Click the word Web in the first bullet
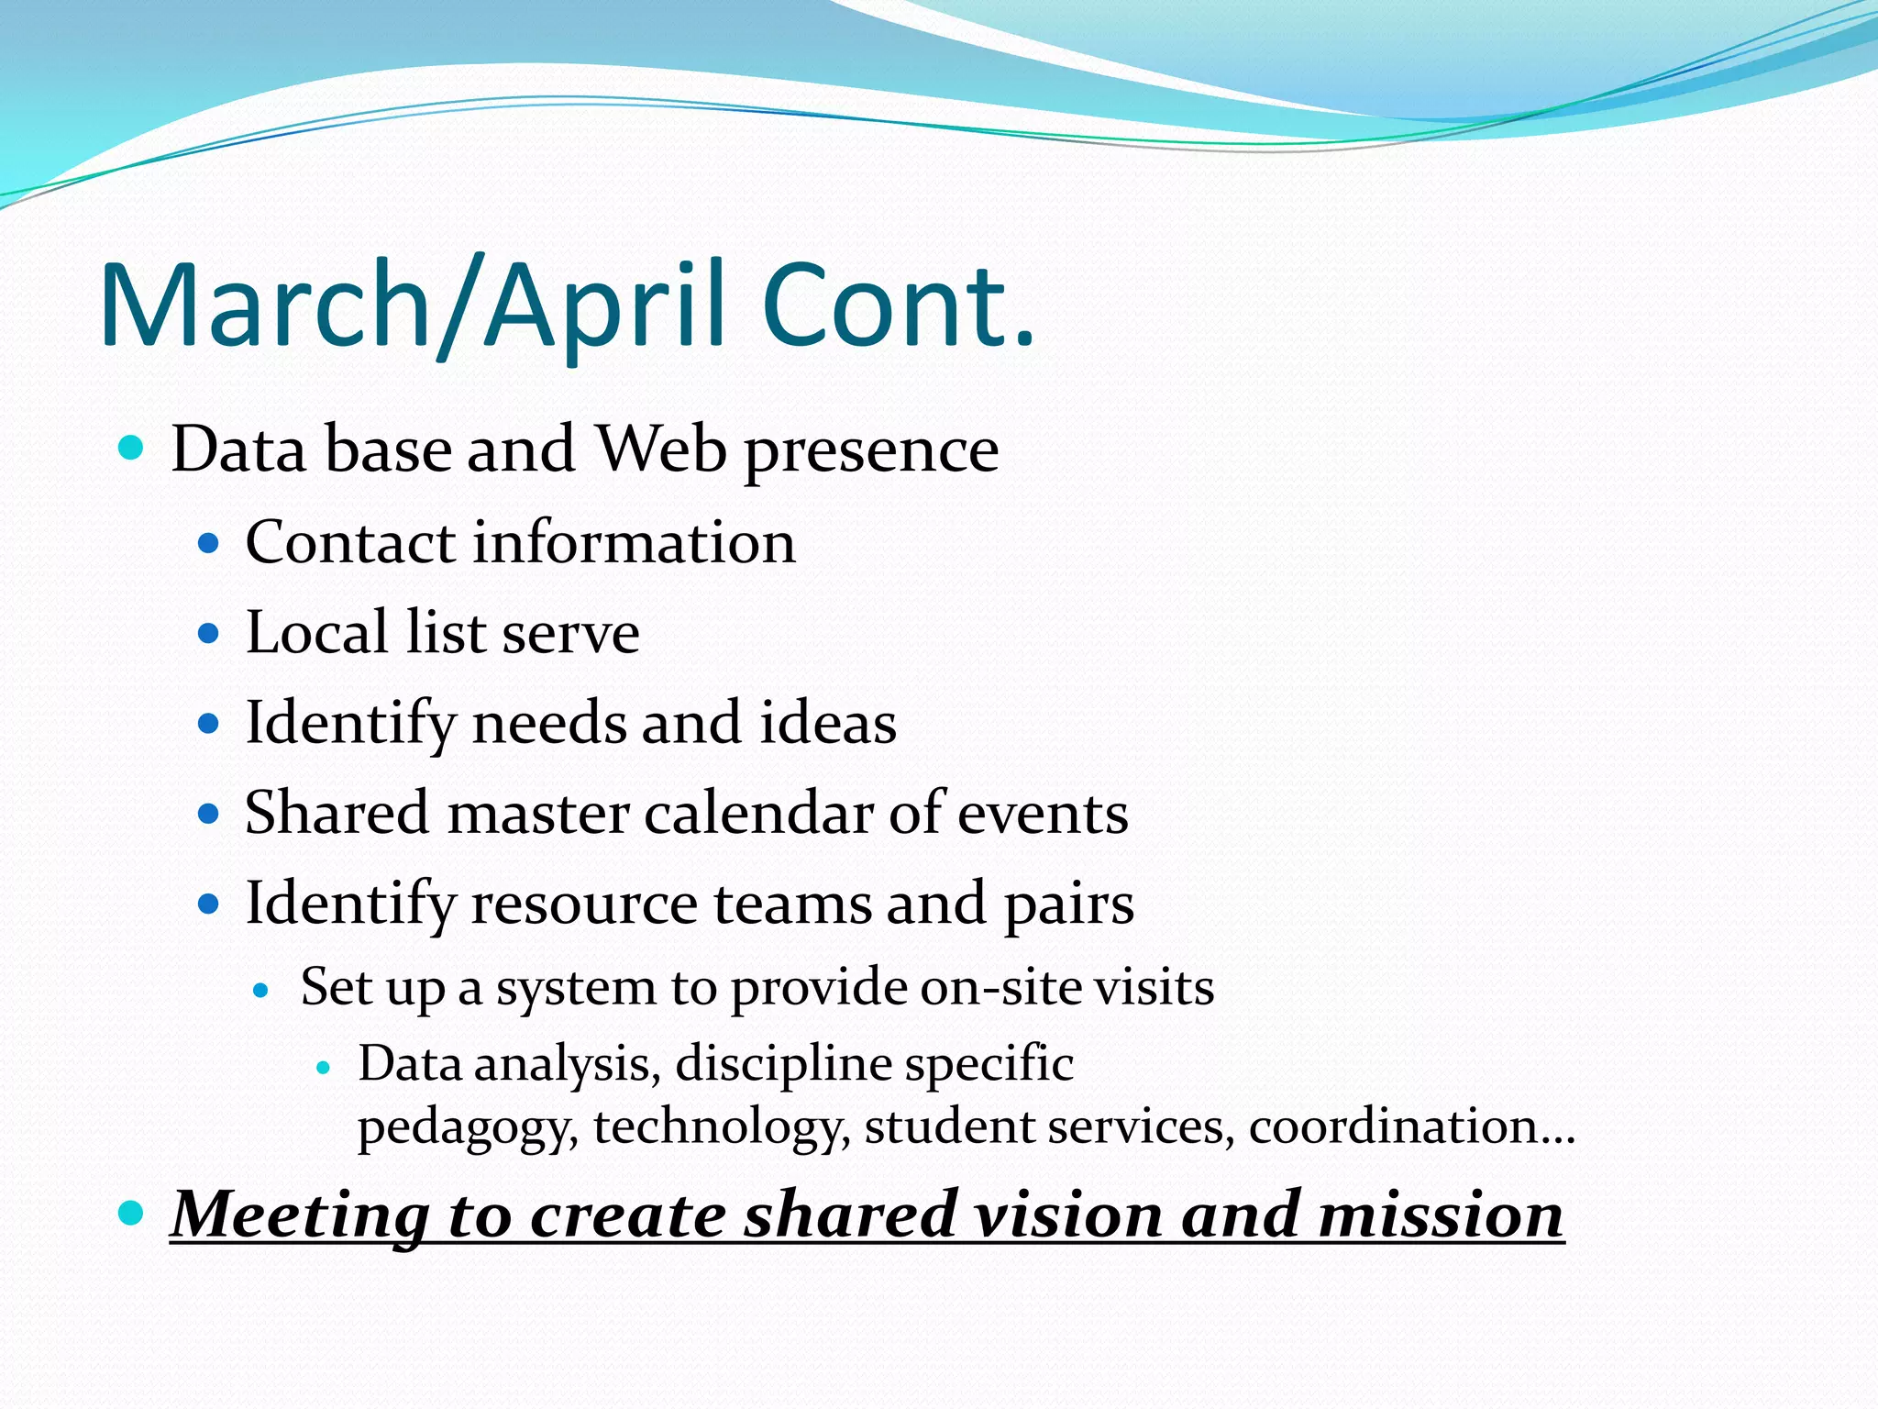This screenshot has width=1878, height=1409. (x=661, y=449)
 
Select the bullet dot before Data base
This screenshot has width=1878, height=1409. (x=132, y=449)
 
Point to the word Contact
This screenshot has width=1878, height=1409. (x=350, y=542)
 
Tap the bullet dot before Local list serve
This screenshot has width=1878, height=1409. (x=210, y=634)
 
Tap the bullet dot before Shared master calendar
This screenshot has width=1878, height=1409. (x=210, y=814)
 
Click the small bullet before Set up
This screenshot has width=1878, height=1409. (x=261, y=991)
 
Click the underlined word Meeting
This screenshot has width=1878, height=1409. (x=300, y=1215)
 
